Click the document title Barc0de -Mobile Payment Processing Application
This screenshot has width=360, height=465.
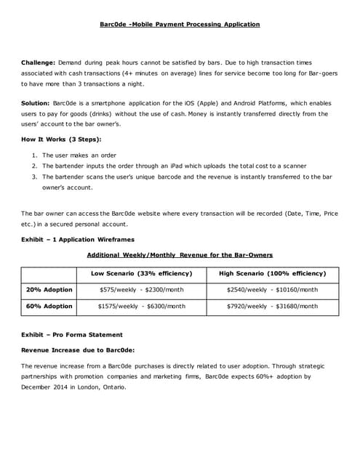(180, 25)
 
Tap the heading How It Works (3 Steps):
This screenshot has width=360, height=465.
(61, 139)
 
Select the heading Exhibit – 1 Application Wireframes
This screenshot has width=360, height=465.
(77, 239)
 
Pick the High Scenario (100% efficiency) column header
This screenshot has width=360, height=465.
(272, 273)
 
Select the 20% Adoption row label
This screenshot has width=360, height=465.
(49, 290)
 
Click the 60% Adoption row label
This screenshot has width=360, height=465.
(49, 307)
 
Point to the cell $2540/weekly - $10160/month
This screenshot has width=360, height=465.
(272, 290)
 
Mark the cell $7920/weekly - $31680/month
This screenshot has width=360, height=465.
(272, 307)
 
